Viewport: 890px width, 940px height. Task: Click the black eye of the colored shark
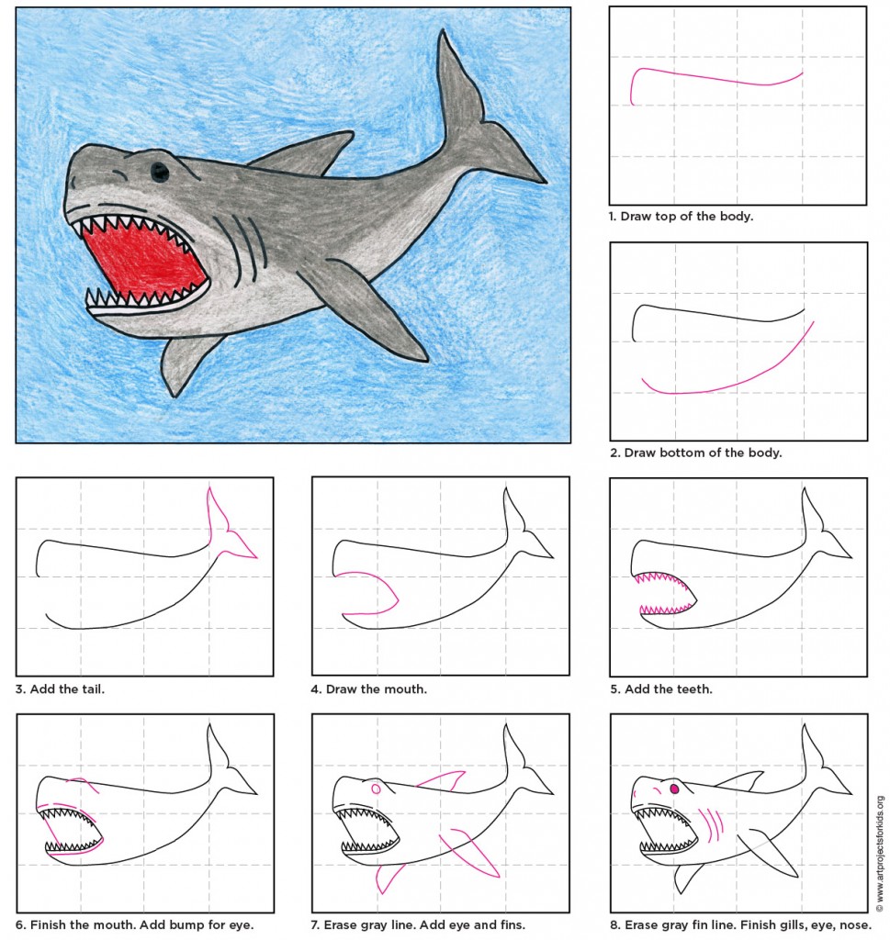click(160, 171)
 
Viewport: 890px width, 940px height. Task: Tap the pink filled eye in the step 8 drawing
click(675, 789)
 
